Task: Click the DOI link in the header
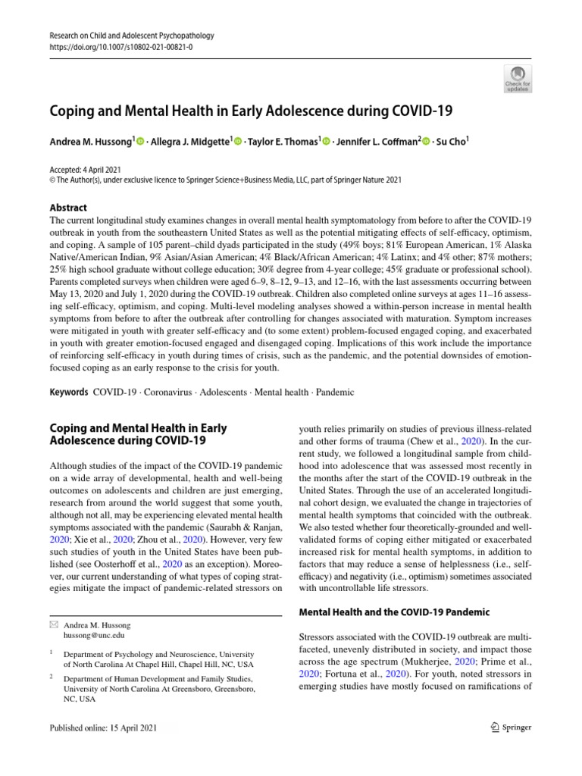pos(120,46)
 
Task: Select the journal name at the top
pos(131,35)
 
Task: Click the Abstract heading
pos(67,208)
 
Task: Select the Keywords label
pos(67,393)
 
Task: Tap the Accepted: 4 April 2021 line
pos(84,170)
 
